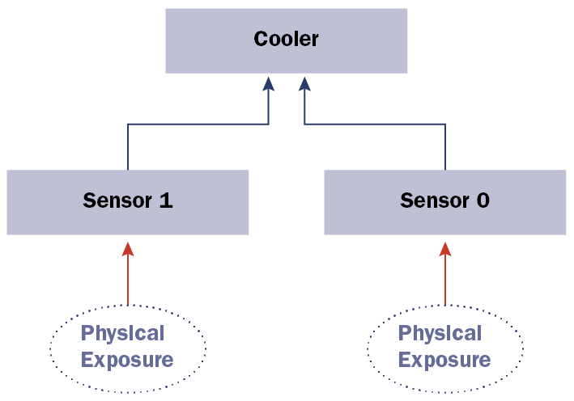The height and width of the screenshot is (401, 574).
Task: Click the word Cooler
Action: pyautogui.click(x=286, y=39)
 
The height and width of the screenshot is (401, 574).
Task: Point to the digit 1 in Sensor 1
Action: pyautogui.click(x=166, y=200)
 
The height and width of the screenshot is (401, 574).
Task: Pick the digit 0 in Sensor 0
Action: pyautogui.click(x=483, y=200)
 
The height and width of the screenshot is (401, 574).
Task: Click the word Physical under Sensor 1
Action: pyautogui.click(x=122, y=333)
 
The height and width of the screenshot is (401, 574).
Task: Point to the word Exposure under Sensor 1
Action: pyautogui.click(x=127, y=359)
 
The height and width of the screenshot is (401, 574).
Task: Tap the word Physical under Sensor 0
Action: pyautogui.click(x=440, y=333)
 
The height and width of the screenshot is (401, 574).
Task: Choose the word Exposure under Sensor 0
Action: pyautogui.click(x=444, y=359)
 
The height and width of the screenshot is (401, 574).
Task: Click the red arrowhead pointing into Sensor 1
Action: pyautogui.click(x=127, y=249)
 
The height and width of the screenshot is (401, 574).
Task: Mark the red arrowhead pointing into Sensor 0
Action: pyautogui.click(x=444, y=249)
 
